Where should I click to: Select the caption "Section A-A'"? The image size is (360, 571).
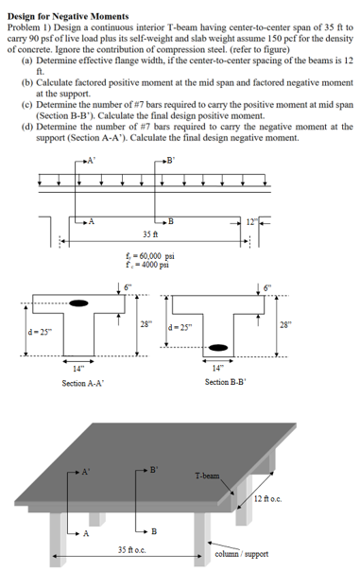point(82,382)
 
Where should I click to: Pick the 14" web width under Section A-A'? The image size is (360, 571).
point(81,368)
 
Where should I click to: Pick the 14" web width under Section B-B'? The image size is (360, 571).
point(219,368)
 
